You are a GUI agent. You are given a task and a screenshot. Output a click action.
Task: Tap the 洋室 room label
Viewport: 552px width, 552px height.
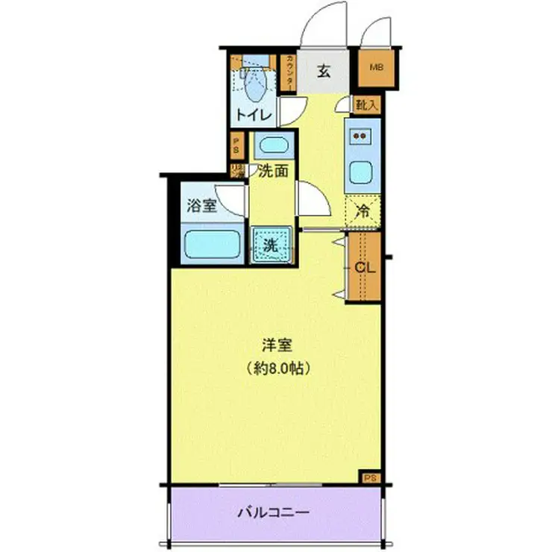276,345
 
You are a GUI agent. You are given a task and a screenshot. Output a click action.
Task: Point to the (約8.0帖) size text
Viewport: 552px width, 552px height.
276,367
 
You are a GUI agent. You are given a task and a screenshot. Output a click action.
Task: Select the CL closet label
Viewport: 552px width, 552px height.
364,266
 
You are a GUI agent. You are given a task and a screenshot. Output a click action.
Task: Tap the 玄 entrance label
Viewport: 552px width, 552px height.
324,72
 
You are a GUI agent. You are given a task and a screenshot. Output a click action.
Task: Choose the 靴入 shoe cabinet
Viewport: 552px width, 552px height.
366,105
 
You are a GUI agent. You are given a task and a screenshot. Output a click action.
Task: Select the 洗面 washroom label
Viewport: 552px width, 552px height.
273,171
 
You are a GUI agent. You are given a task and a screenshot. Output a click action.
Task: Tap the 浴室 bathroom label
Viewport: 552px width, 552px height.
201,207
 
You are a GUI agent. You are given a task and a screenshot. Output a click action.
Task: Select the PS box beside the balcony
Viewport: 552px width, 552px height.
369,477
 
